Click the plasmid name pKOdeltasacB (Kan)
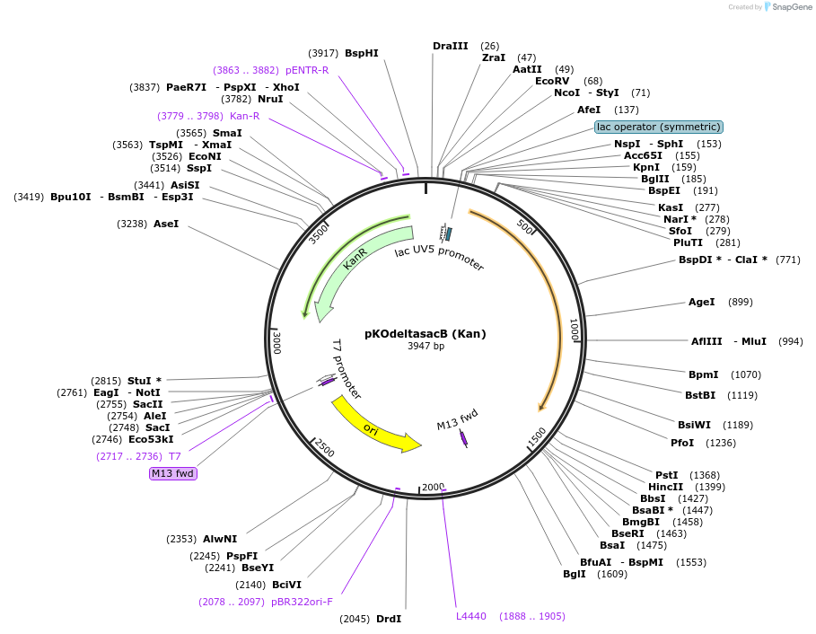[x=425, y=334]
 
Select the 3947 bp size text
[x=426, y=346]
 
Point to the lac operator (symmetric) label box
[x=658, y=128]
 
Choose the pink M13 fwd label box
[x=172, y=473]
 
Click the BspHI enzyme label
[x=362, y=53]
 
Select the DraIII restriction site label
[x=450, y=46]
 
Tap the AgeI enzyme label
[x=701, y=302]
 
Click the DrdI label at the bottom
[x=388, y=619]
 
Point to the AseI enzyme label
[x=166, y=224]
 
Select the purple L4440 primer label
[x=471, y=616]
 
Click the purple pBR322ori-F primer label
[x=302, y=602]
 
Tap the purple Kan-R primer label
[x=244, y=116]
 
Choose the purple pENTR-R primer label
[x=307, y=70]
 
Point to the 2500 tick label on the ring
[x=323, y=447]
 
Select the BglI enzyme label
[x=574, y=574]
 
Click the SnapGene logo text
[x=791, y=7]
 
